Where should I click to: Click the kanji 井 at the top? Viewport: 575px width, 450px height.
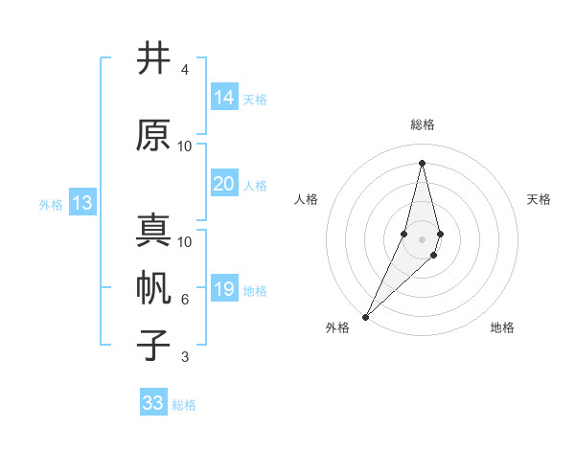point(153,58)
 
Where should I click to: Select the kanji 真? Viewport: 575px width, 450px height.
point(153,231)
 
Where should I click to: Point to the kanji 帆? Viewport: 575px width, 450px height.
point(153,288)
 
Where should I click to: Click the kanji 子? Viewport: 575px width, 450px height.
point(153,346)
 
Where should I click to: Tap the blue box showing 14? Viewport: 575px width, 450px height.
point(224,97)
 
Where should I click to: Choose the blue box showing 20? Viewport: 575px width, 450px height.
point(224,184)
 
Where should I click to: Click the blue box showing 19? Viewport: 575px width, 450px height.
point(224,289)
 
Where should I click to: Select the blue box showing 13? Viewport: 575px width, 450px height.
point(81,203)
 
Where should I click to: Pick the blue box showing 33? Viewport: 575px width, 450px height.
point(153,403)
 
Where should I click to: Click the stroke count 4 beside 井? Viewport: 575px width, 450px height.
point(185,70)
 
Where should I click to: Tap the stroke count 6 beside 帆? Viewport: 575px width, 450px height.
point(185,300)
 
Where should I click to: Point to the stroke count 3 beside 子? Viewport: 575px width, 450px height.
point(185,357)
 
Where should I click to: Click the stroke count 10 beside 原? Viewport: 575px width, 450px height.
point(185,146)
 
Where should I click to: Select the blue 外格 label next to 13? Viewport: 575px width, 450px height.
point(50,204)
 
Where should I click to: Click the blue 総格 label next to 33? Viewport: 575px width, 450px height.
point(184,404)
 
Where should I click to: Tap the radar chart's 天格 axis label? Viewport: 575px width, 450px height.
point(539,199)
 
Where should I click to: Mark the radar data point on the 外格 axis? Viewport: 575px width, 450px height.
point(365,316)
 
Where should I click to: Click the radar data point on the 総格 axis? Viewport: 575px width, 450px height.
point(422,163)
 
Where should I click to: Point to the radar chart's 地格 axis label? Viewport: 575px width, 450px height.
point(502,327)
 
